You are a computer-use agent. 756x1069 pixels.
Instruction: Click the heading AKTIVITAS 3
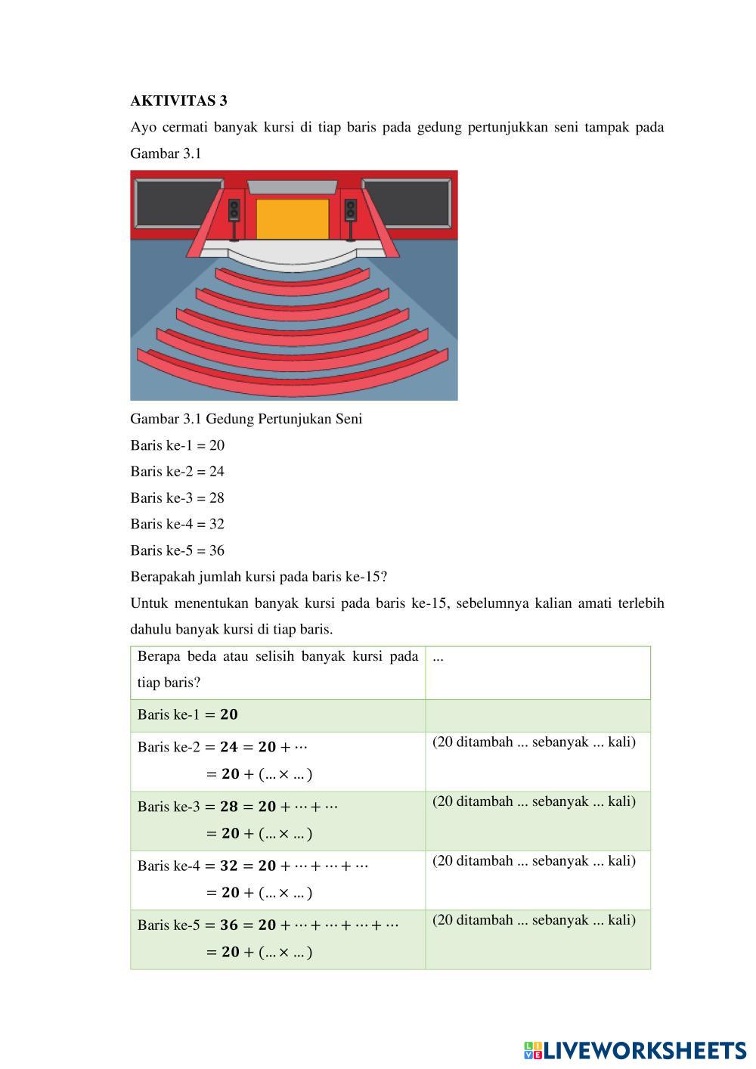178,101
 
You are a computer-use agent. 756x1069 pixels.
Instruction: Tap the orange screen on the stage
293,218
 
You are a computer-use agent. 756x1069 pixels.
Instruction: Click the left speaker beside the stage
234,211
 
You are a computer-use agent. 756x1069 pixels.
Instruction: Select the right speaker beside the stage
351,211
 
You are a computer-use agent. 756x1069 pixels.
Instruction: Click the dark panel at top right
408,202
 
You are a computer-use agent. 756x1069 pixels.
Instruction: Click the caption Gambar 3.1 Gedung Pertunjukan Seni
246,419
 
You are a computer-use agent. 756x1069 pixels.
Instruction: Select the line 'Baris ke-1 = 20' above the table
177,445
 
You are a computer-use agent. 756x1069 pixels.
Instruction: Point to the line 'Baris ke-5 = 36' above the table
177,550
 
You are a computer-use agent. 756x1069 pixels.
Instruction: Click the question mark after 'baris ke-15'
384,577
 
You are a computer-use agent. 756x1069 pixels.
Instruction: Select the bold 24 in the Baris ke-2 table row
228,747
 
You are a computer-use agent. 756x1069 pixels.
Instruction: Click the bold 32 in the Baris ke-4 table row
228,866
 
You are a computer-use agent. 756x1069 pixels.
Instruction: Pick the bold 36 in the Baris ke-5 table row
228,925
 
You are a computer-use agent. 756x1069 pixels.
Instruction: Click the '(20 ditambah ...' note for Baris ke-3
534,801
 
